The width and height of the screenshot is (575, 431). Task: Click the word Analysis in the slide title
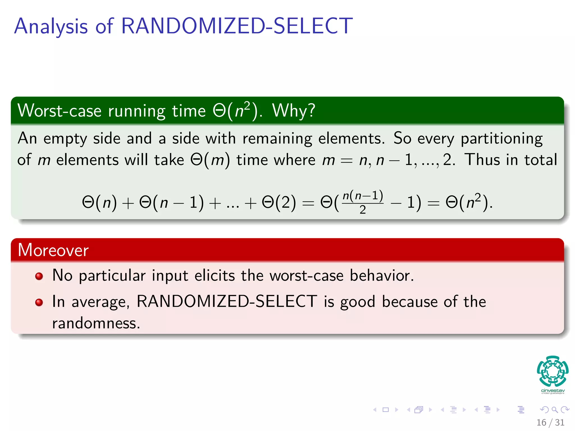51,27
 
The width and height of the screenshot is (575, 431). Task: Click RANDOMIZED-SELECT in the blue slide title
236,26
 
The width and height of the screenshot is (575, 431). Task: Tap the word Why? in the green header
293,110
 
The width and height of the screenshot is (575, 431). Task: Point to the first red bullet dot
39,276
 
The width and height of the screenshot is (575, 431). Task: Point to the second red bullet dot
39,302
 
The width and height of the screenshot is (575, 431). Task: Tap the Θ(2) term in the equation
279,202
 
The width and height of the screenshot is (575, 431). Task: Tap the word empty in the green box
65,139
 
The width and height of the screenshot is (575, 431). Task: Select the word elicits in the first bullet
215,275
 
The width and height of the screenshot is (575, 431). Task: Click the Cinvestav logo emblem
553,372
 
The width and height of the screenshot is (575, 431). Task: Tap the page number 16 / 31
550,422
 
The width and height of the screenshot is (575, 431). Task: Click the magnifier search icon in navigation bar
555,410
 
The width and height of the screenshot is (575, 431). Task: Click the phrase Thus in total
510,160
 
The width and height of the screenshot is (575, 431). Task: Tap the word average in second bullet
100,302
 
